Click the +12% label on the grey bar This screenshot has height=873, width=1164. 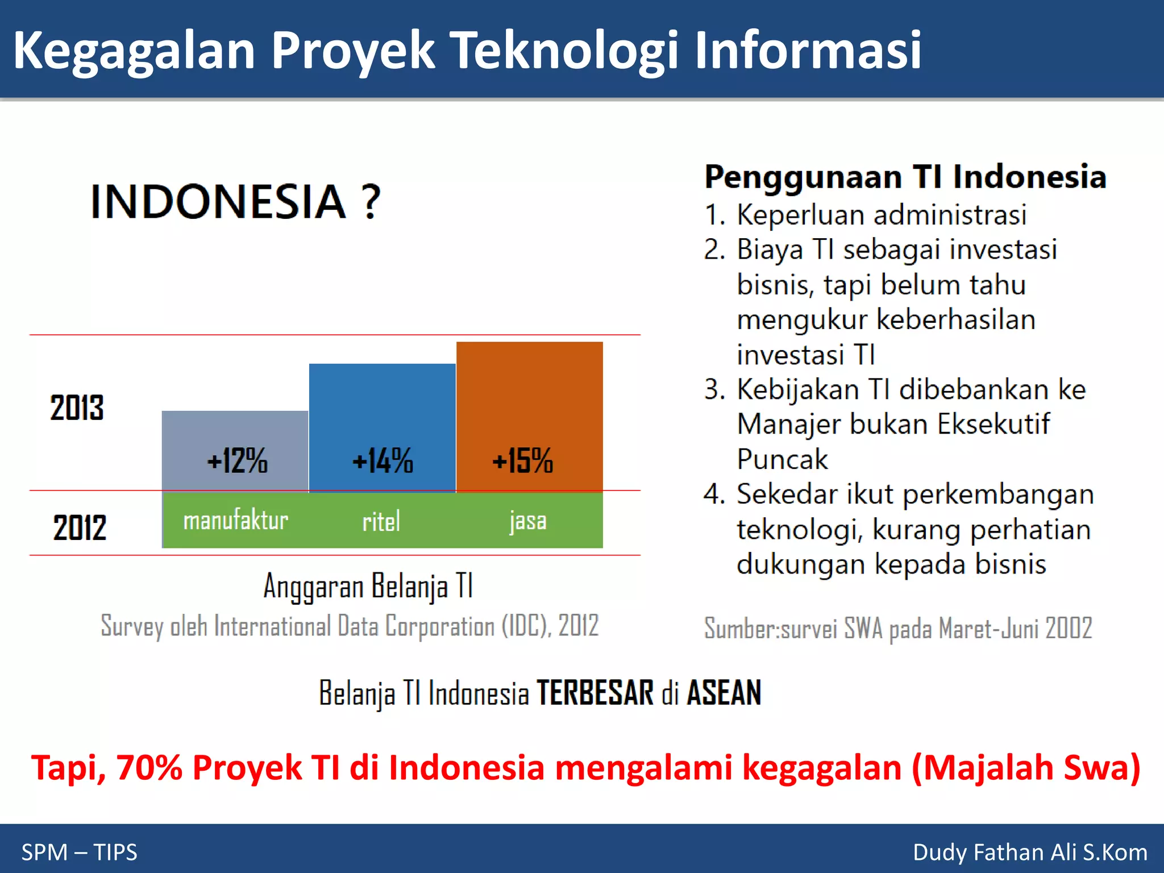point(237,460)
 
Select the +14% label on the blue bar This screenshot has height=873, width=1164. point(383,460)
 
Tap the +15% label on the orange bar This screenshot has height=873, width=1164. point(522,460)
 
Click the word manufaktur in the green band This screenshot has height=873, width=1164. point(235,521)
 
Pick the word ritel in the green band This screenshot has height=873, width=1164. point(381,522)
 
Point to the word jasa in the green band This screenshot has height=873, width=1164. point(528,521)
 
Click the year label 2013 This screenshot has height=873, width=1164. point(77,408)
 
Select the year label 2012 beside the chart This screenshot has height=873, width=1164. point(80,527)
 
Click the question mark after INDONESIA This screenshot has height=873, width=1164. point(371,202)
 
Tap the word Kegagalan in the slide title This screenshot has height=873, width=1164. point(134,51)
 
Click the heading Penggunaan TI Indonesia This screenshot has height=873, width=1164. point(905,177)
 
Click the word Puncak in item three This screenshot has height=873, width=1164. point(782,459)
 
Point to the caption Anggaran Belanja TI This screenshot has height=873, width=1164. point(368,586)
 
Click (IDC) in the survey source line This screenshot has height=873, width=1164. point(526,626)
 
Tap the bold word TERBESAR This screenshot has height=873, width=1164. point(595,693)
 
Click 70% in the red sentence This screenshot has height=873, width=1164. point(149,768)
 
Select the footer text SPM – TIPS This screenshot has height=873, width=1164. point(80,852)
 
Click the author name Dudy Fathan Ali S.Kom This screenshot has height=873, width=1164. point(1030,852)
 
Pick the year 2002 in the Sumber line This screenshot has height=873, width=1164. point(1069,629)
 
